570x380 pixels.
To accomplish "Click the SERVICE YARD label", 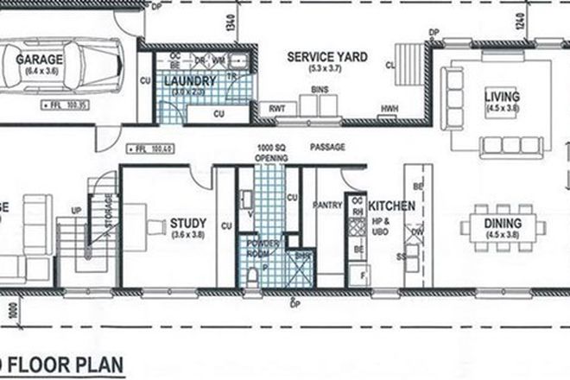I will (x=327, y=58).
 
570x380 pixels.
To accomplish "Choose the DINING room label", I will (x=502, y=223).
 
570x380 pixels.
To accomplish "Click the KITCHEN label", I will (x=393, y=207).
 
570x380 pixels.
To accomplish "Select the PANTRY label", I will (x=329, y=206).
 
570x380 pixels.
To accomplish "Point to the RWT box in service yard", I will (x=277, y=109).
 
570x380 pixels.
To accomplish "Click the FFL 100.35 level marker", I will (x=60, y=106).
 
